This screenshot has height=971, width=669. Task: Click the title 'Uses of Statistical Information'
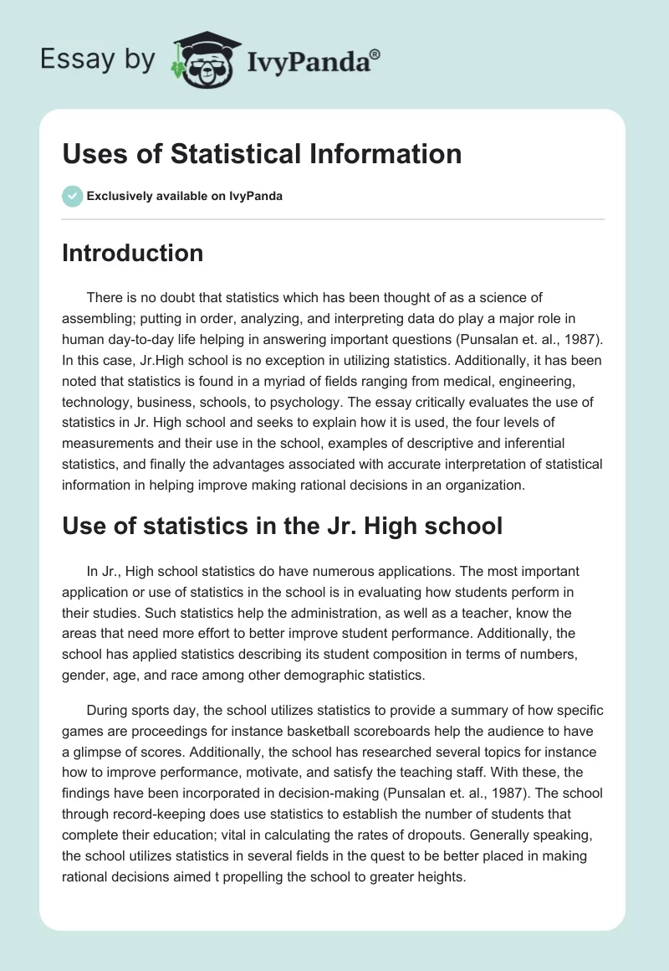[x=262, y=154]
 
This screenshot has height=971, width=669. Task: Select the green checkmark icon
[x=72, y=196]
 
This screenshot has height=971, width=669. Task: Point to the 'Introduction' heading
[x=132, y=253]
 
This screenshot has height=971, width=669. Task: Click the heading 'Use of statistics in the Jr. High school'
[x=282, y=526]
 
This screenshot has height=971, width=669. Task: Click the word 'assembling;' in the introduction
[x=98, y=319]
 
